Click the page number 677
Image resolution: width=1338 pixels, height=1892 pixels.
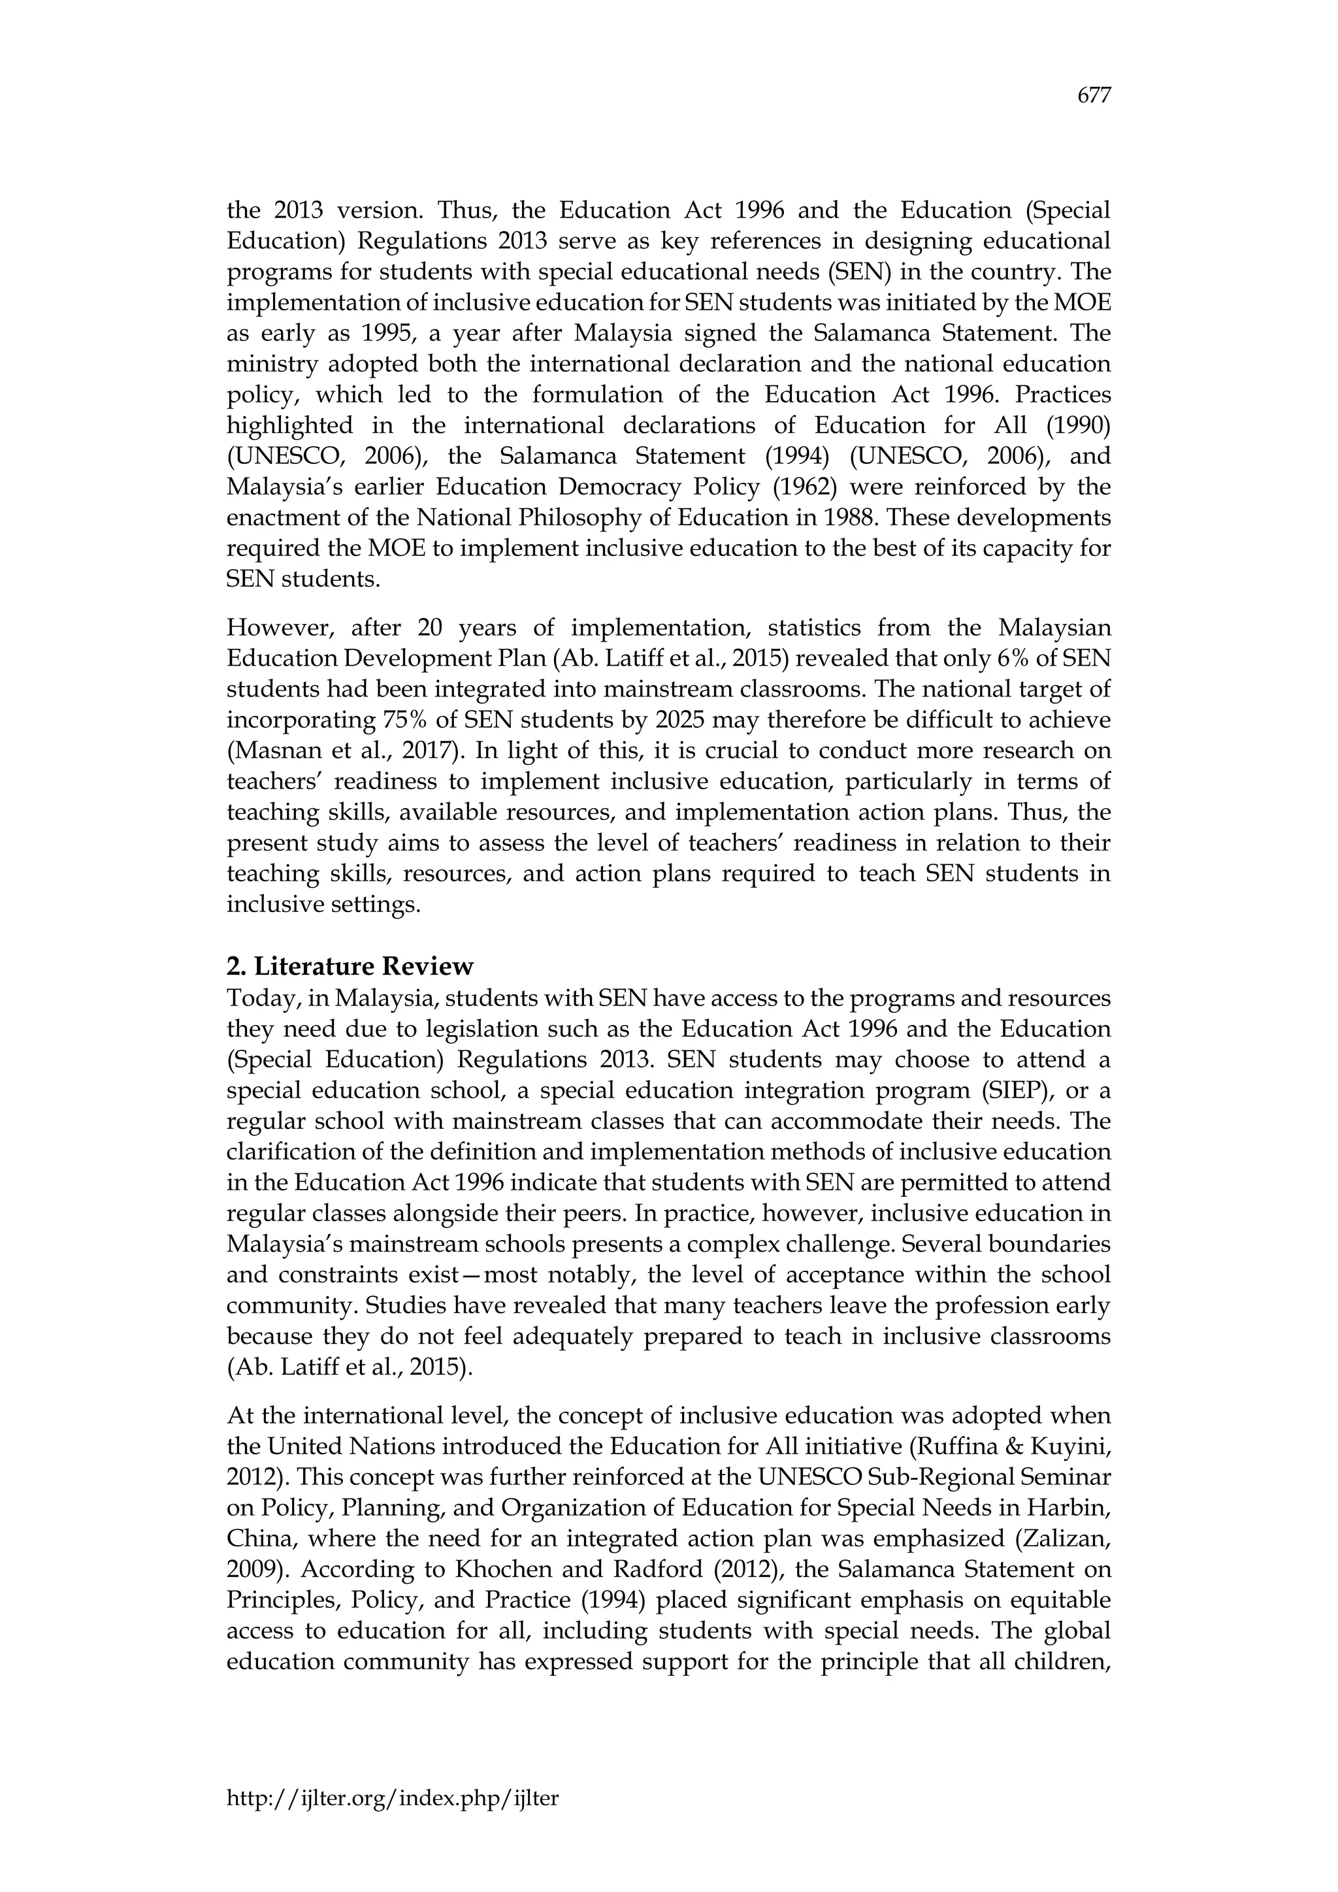[1094, 97]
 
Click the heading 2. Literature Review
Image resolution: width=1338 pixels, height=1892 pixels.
[350, 966]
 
